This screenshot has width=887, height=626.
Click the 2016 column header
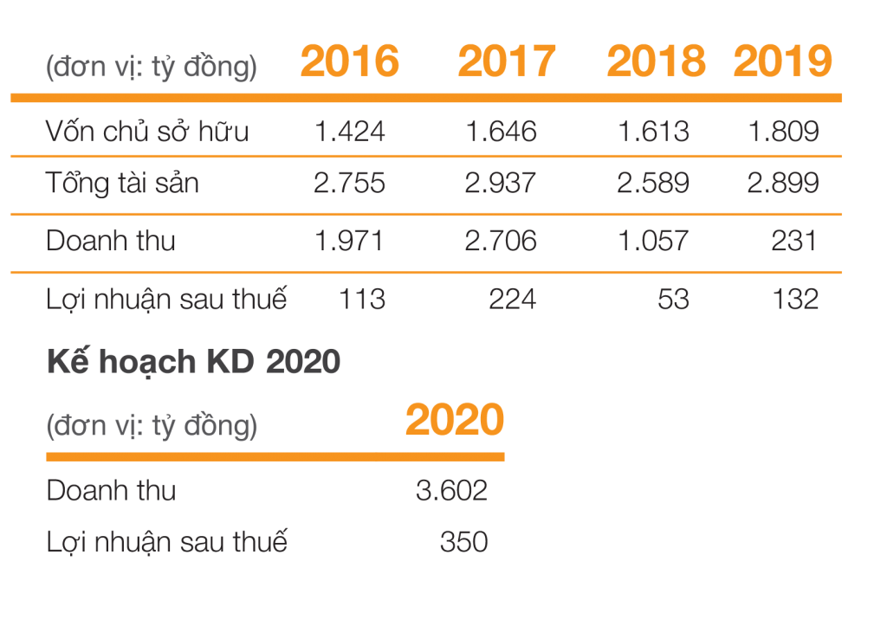(x=350, y=61)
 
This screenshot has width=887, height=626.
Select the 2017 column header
(x=507, y=61)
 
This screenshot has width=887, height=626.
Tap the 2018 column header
(x=656, y=61)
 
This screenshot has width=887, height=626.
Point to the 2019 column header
(x=783, y=61)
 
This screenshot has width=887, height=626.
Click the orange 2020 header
(x=454, y=421)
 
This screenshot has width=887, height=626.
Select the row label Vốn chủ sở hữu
(x=146, y=131)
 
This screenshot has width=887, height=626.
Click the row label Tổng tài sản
(x=122, y=184)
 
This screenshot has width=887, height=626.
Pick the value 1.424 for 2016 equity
(x=350, y=132)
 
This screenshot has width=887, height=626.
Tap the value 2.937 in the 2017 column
(x=501, y=184)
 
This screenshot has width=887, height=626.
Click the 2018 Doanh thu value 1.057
(x=654, y=241)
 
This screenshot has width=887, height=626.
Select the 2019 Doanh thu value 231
(x=794, y=241)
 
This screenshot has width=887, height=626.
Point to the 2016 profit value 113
(x=362, y=300)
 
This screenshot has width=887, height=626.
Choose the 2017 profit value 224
(x=512, y=300)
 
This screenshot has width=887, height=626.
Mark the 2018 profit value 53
(x=673, y=300)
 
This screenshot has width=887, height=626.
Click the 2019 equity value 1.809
(x=783, y=132)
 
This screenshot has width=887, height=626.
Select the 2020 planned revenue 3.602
(x=451, y=491)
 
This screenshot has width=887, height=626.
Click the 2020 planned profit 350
(x=463, y=543)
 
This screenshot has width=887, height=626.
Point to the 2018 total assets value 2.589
(x=654, y=184)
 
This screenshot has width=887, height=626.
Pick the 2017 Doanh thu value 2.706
(x=501, y=241)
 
